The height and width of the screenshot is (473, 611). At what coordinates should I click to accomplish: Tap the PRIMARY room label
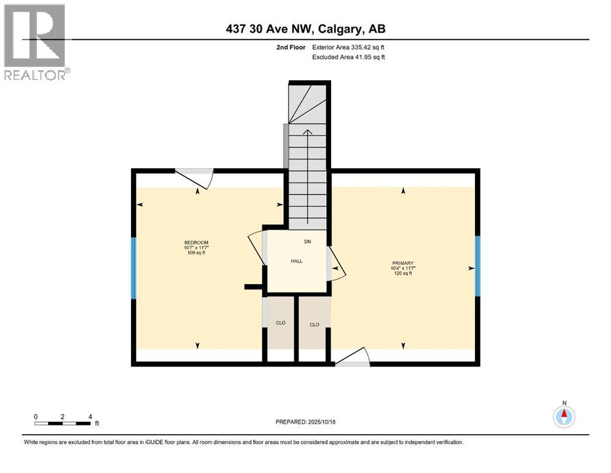tap(404, 262)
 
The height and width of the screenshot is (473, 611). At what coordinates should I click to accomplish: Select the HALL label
tap(297, 261)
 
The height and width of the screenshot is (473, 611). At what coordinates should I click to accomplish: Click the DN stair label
tap(308, 241)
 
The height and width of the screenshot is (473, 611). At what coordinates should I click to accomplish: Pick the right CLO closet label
tap(314, 325)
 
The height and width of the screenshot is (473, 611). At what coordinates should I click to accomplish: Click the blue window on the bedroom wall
tap(133, 268)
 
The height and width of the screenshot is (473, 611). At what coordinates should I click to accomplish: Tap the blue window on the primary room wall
tap(477, 267)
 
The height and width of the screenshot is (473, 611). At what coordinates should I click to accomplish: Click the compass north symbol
tap(564, 416)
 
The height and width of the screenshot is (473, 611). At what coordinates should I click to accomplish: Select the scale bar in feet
tap(63, 423)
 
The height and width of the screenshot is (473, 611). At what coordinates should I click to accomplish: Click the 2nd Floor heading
tap(290, 47)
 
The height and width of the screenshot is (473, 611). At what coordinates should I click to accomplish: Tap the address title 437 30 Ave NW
tap(305, 28)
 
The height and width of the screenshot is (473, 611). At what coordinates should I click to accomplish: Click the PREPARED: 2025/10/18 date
tap(305, 422)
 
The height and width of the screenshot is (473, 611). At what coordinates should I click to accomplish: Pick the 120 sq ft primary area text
tap(404, 273)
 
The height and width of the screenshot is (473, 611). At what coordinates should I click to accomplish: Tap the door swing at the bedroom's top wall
tap(195, 177)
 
